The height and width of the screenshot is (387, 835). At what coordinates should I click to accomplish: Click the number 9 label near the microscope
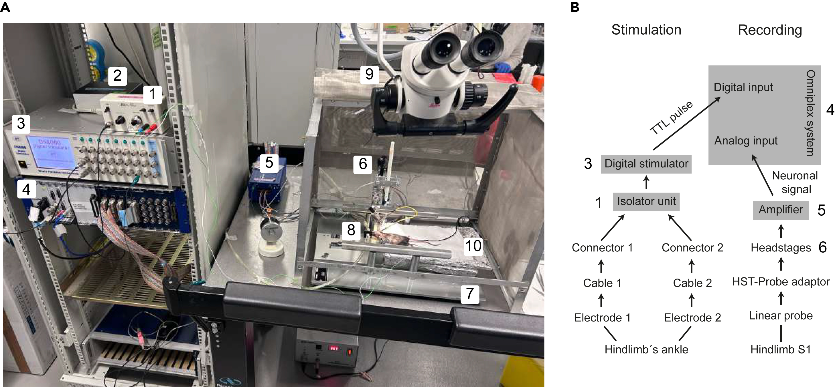(x=369, y=74)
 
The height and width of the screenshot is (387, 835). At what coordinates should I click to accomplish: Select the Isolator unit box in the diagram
(x=646, y=201)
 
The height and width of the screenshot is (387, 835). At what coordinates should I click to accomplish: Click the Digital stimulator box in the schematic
(x=646, y=164)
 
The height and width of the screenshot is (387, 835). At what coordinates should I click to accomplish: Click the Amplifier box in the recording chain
(x=781, y=210)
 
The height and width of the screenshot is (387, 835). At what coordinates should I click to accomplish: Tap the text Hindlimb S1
(x=781, y=350)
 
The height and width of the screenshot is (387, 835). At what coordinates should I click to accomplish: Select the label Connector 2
(x=692, y=248)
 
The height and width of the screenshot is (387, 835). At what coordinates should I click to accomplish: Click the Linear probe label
(x=781, y=315)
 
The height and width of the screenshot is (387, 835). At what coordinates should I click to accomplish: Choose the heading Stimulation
(x=646, y=30)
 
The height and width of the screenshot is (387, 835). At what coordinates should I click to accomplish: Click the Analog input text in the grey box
(x=745, y=141)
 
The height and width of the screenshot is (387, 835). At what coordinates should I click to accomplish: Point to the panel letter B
(x=575, y=7)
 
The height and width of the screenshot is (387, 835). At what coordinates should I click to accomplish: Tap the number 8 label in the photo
(x=351, y=230)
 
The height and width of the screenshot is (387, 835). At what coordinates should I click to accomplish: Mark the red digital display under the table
(x=333, y=348)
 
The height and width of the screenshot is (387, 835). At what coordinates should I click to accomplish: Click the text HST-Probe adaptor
(x=781, y=282)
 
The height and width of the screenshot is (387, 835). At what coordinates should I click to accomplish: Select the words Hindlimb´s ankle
(x=646, y=350)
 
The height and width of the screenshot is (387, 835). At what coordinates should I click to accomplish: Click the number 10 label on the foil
(x=473, y=246)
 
